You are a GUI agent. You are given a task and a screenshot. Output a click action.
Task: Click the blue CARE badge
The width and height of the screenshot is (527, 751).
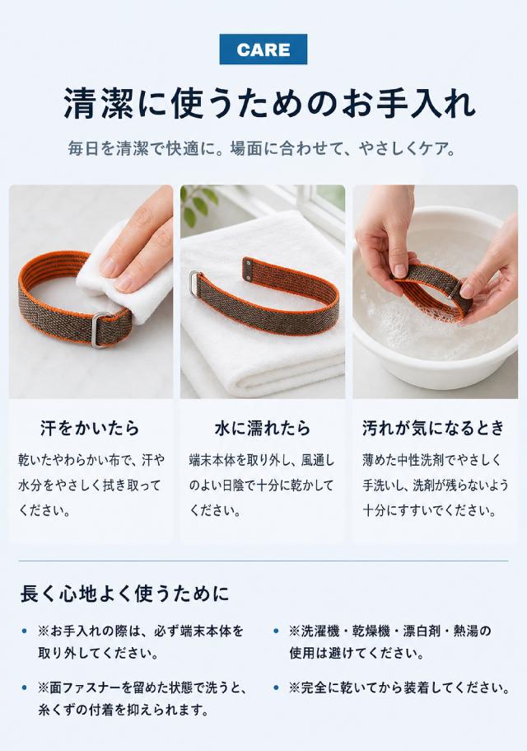tap(263, 49)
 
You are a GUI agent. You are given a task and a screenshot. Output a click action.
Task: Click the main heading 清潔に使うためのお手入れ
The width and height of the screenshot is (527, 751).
tap(270, 102)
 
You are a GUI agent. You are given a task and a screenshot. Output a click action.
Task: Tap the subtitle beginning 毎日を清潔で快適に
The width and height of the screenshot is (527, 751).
tap(262, 148)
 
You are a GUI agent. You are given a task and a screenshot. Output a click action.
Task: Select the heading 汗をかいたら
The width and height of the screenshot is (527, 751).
tap(90, 428)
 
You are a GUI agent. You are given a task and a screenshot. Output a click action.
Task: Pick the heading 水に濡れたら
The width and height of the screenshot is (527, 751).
tap(263, 428)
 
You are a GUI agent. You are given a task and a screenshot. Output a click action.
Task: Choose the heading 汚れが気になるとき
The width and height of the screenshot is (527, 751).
tap(433, 428)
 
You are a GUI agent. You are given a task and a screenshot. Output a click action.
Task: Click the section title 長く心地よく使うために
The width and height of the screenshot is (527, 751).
tap(124, 594)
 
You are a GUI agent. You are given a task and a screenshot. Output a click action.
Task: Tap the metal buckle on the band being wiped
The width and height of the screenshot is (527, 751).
tap(102, 330)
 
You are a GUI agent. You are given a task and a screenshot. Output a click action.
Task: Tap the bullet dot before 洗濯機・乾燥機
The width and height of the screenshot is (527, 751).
tap(276, 631)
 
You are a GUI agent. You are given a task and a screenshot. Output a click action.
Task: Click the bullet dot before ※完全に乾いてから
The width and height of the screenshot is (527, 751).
tap(276, 688)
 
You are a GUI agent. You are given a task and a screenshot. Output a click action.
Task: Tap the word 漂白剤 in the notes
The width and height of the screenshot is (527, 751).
tap(422, 631)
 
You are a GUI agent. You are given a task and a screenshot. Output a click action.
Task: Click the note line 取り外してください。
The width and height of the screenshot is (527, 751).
tap(98, 653)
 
